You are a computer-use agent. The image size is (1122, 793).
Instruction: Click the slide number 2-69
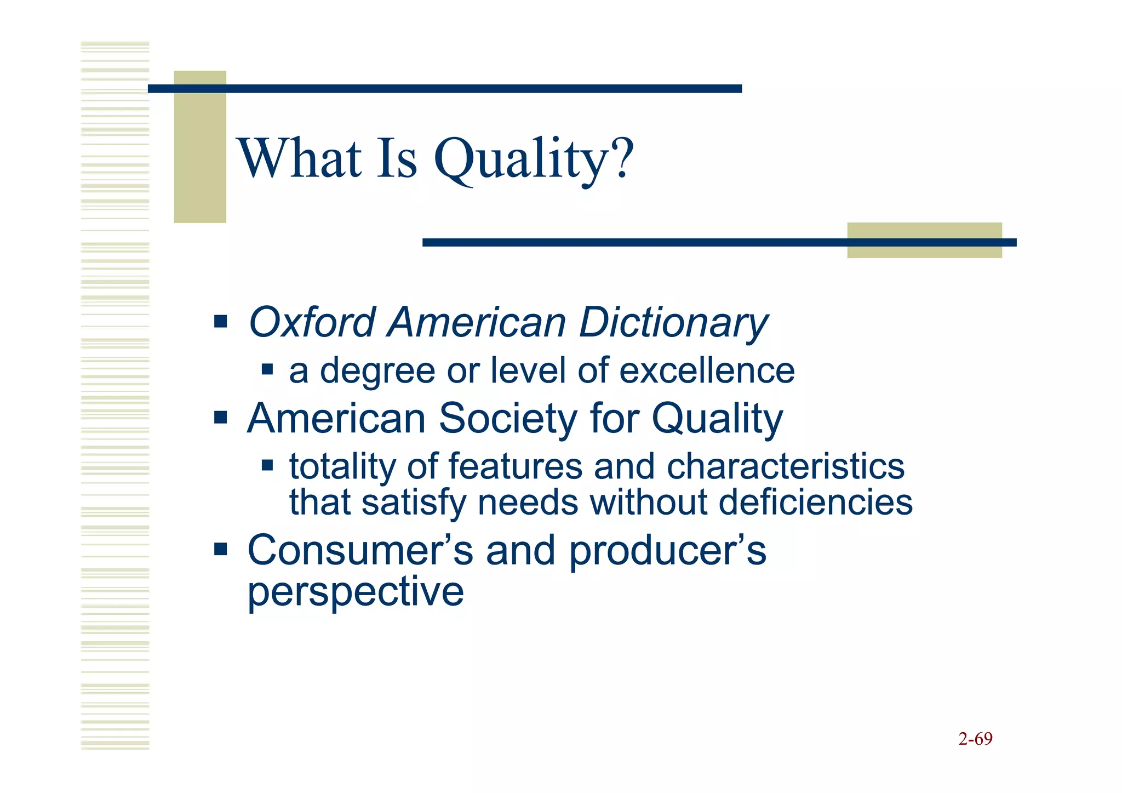[x=975, y=739]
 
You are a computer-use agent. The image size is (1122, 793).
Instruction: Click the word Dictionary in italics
[x=673, y=323]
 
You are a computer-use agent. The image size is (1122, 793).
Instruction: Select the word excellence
[x=707, y=370]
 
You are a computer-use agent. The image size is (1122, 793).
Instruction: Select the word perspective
[x=356, y=592]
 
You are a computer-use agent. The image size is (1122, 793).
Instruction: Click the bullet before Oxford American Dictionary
[x=220, y=321]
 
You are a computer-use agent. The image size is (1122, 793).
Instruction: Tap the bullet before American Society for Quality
[x=220, y=418]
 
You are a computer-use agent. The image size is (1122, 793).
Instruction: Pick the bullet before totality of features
[x=267, y=466]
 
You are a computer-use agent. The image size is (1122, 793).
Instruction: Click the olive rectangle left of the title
[x=200, y=146]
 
